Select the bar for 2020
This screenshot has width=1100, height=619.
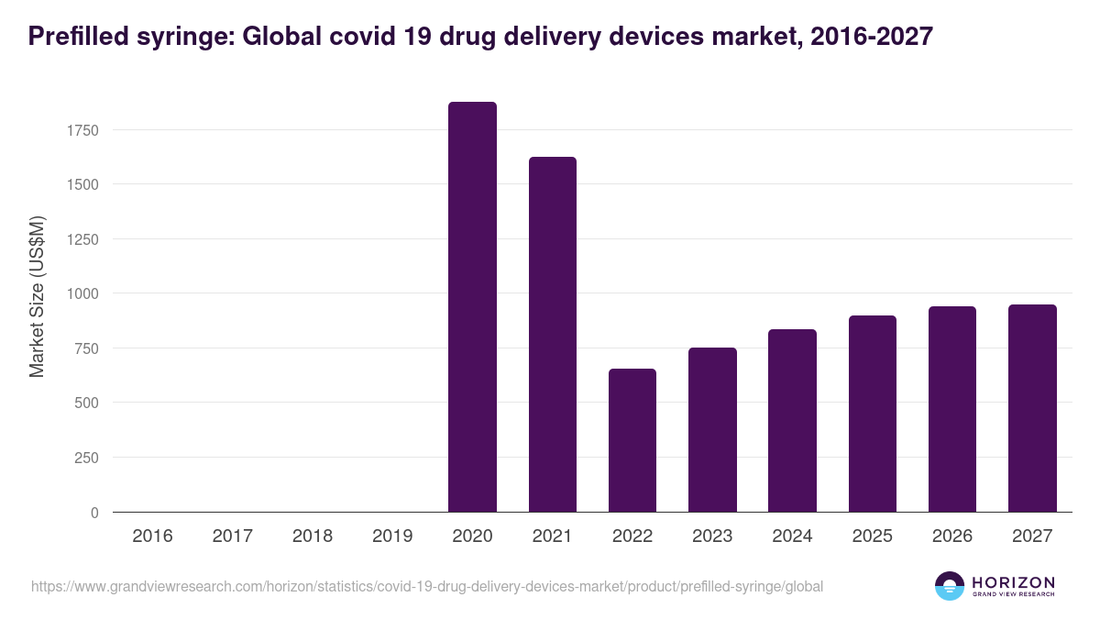click(472, 307)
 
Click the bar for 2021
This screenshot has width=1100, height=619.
click(552, 335)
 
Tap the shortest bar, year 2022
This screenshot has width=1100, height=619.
click(632, 440)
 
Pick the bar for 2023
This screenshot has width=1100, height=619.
click(712, 429)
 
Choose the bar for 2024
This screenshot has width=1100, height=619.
click(792, 420)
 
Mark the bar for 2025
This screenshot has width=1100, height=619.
click(872, 414)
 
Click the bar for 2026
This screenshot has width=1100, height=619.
click(952, 409)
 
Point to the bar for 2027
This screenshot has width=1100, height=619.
click(1032, 408)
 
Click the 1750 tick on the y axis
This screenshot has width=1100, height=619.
click(82, 130)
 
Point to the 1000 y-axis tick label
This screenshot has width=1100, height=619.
click(82, 293)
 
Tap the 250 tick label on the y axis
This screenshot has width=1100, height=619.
click(86, 458)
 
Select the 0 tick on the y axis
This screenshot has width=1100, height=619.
click(94, 513)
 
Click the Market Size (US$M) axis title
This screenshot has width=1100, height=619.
click(37, 297)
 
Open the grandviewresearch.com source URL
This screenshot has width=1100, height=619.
click(427, 586)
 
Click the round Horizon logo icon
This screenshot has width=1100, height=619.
click(950, 586)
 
